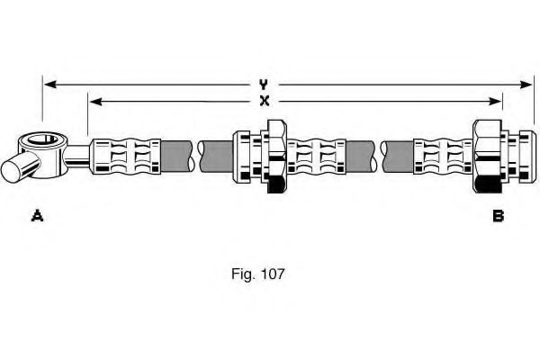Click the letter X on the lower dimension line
[264, 101]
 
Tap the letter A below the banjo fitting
[37, 215]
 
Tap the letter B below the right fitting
[498, 215]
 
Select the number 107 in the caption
[273, 274]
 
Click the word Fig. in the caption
[242, 274]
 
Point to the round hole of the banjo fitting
[42, 140]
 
